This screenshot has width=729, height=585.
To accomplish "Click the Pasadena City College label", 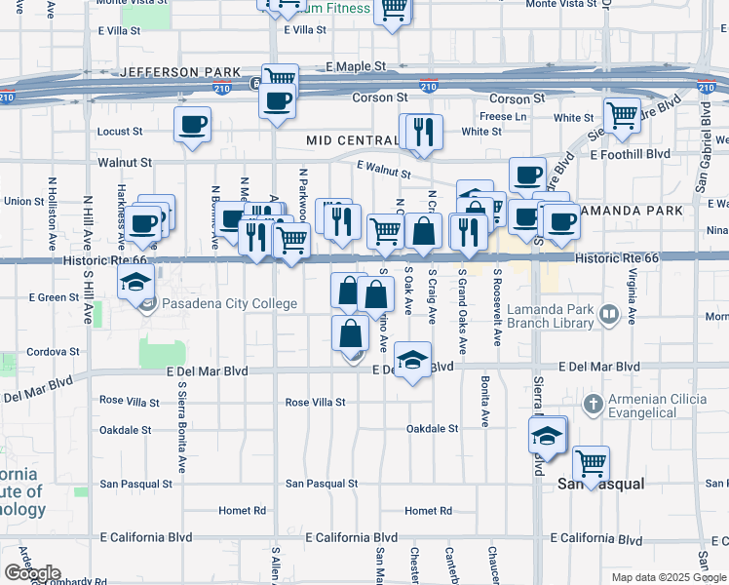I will (229, 304).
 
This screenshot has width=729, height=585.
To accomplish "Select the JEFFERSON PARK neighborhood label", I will (179, 73).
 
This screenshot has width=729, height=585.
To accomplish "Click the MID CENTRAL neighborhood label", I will (351, 141).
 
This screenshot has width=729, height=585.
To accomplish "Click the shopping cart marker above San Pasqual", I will (591, 462).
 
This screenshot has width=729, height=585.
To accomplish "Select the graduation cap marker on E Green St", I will (136, 284).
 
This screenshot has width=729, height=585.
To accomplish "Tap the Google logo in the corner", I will (32, 573).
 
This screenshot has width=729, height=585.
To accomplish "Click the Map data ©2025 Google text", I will (668, 577).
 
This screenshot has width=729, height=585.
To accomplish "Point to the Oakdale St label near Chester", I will (432, 429).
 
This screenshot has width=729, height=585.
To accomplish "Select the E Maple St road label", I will (356, 66).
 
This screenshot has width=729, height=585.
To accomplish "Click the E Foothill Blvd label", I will (630, 154).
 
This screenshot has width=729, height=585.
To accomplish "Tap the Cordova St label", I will (53, 351).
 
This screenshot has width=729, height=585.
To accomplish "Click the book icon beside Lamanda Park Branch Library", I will (609, 315).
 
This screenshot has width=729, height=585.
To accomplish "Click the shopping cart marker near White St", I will (622, 115).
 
